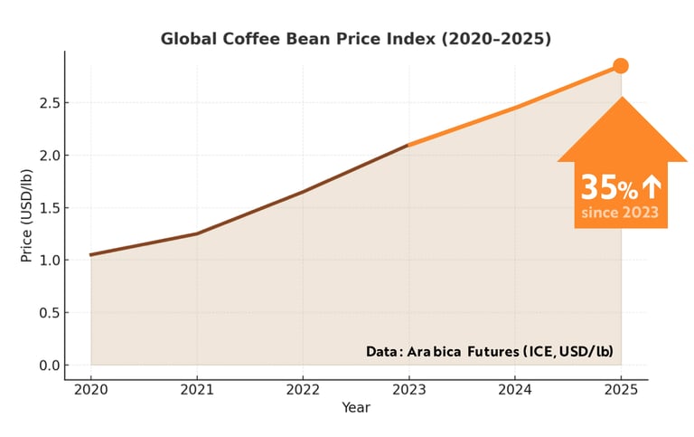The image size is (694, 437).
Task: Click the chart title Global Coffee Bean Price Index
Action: pyautogui.click(x=355, y=39)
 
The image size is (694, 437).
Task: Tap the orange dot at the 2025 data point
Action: pyautogui.click(x=621, y=65)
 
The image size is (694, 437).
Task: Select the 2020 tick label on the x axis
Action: pyautogui.click(x=90, y=390)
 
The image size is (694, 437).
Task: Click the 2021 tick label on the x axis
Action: pyautogui.click(x=197, y=390)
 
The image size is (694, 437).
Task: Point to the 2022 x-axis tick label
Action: pyautogui.click(x=303, y=390)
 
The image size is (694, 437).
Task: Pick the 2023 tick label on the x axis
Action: pyautogui.click(x=409, y=390)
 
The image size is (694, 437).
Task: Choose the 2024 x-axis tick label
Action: pyautogui.click(x=515, y=390)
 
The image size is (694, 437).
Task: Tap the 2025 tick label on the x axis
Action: pyautogui.click(x=621, y=390)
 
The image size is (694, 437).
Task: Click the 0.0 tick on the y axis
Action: pyautogui.click(x=50, y=366)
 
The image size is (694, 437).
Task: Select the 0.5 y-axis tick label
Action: pyautogui.click(x=50, y=313)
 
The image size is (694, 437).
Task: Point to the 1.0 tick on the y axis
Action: pyautogui.click(x=50, y=261)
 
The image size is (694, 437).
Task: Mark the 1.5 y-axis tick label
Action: pyautogui.click(x=50, y=208)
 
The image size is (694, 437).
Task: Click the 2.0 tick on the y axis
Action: pyautogui.click(x=50, y=156)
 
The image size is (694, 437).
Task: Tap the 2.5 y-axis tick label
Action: pyautogui.click(x=50, y=103)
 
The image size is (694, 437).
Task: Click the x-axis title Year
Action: pyautogui.click(x=355, y=408)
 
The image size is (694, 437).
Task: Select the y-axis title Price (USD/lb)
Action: pyautogui.click(x=26, y=208)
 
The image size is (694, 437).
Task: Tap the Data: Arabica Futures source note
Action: pyautogui.click(x=496, y=351)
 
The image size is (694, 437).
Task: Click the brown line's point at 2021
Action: pyautogui.click(x=197, y=233)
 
